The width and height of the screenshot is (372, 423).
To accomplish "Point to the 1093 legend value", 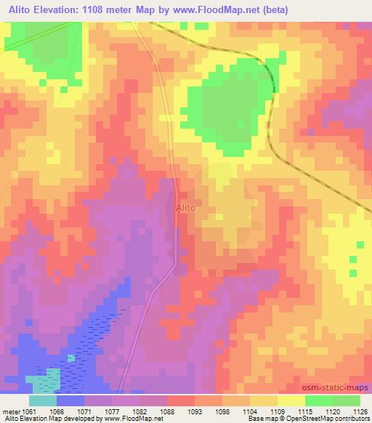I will pyautogui.click(x=195, y=411).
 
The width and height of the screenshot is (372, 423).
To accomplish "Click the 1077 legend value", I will pyautogui.click(x=113, y=411).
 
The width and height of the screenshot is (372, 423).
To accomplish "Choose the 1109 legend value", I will pyautogui.click(x=277, y=411).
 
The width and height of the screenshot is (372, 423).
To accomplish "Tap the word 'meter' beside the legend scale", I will pyautogui.click(x=10, y=411).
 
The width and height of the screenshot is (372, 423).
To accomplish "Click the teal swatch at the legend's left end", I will pyautogui.click(x=42, y=400).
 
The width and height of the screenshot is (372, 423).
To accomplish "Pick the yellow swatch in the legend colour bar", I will pyautogui.click(x=291, y=400).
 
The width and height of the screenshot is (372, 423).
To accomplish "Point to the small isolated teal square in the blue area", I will pyautogui.click(x=71, y=358).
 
